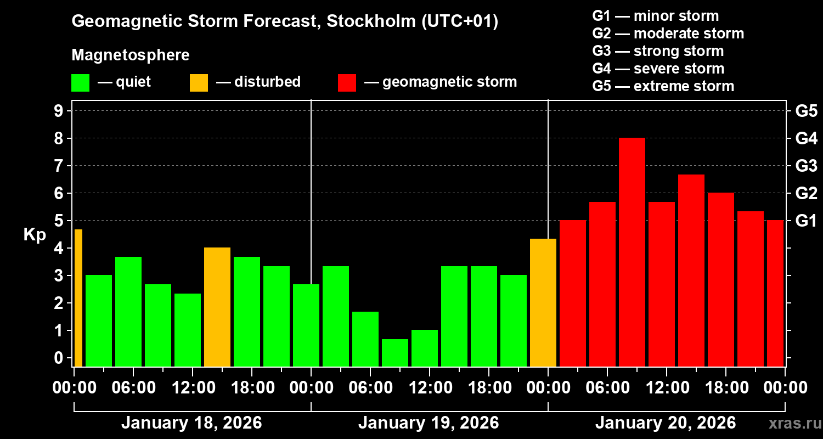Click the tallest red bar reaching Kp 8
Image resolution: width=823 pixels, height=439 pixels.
point(632,252)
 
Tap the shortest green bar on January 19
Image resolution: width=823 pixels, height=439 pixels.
point(395,353)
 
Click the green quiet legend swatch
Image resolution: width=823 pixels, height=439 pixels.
point(80,82)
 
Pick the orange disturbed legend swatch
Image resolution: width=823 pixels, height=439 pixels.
point(199,82)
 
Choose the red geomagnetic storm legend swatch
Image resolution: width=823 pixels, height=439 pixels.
point(347,82)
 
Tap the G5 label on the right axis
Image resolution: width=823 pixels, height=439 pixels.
point(806,111)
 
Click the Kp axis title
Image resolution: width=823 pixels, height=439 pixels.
point(34,234)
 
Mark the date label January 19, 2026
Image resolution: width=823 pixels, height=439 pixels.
point(429,423)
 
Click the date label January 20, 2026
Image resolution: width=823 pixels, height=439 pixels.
point(666,423)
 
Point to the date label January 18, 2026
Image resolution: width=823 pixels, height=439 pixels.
point(191,423)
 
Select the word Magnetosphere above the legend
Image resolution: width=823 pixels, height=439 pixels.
point(131,55)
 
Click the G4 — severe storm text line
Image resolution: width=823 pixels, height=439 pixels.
point(658,69)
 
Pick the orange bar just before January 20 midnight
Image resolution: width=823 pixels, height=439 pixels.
point(543,302)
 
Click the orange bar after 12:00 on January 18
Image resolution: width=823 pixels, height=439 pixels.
point(217,307)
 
